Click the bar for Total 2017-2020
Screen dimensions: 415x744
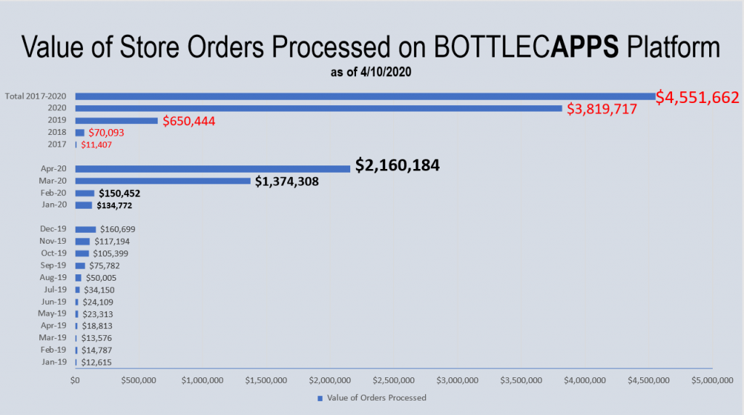click(x=363, y=96)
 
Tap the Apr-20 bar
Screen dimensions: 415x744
click(x=212, y=168)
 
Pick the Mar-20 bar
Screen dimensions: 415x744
click(x=163, y=181)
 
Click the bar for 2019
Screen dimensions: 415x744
click(x=116, y=120)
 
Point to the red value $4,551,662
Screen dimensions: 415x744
click(x=697, y=97)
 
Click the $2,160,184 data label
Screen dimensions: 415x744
click(x=397, y=166)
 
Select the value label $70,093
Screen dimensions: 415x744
click(x=106, y=133)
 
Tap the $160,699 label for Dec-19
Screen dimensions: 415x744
click(x=118, y=229)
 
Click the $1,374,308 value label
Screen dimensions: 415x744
click(x=286, y=181)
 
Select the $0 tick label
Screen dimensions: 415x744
click(x=75, y=379)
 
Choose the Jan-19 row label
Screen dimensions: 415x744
click(x=54, y=362)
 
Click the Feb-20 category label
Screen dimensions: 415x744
click(x=54, y=193)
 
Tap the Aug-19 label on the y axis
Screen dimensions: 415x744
click(x=53, y=278)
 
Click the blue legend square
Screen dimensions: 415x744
click(x=320, y=398)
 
